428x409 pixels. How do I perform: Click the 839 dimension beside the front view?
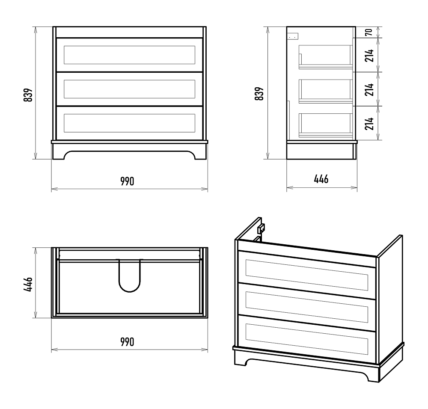[28, 95]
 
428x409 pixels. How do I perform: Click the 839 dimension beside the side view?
[259, 94]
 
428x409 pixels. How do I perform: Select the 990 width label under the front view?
[127, 181]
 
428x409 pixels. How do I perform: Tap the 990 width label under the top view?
[127, 342]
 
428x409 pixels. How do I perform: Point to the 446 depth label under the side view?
[321, 179]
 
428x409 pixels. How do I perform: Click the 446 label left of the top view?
[28, 285]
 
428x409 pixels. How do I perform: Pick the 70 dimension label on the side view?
[369, 32]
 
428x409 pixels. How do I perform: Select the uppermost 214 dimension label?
[369, 55]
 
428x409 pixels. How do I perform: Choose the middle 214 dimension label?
[369, 89]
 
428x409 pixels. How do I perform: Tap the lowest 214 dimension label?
[369, 124]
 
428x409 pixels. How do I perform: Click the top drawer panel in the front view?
[129, 55]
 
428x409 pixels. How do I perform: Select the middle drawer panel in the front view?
[129, 89]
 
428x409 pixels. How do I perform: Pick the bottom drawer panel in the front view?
[129, 123]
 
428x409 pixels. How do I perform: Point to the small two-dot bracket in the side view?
[293, 36]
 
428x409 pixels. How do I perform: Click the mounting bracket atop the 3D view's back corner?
[261, 228]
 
